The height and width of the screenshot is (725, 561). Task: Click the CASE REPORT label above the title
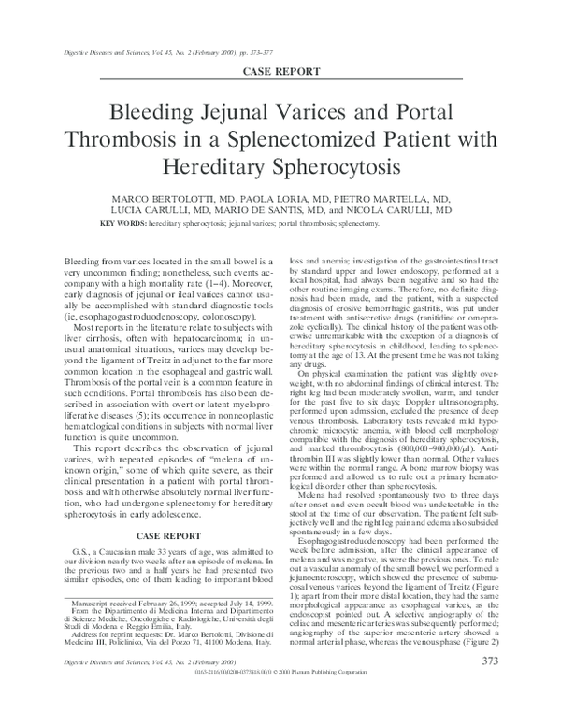[280, 71]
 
